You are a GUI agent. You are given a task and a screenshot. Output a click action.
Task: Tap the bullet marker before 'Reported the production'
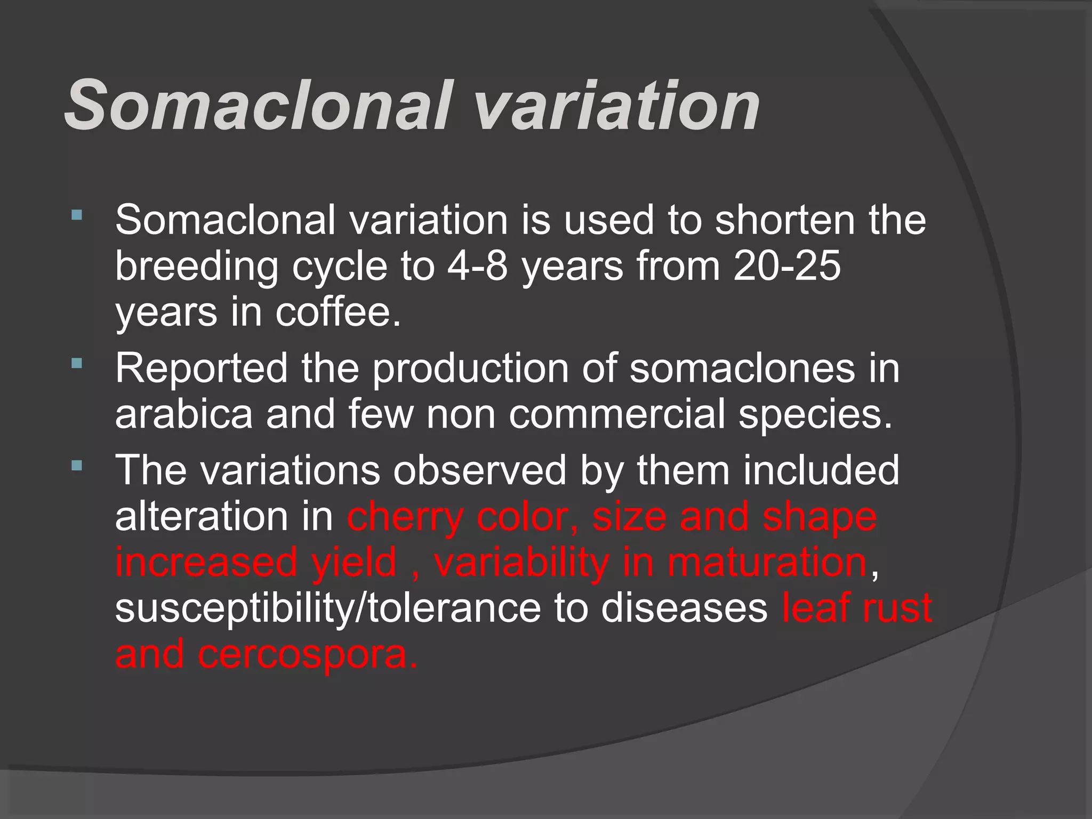77,364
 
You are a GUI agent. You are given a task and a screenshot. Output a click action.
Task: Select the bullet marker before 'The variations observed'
77,465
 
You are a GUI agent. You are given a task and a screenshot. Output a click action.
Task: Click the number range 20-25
787,266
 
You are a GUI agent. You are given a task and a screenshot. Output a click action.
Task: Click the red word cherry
405,517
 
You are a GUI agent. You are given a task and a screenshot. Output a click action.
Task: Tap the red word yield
354,563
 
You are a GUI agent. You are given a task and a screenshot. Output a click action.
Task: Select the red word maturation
767,563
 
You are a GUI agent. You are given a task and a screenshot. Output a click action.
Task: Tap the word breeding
197,266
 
